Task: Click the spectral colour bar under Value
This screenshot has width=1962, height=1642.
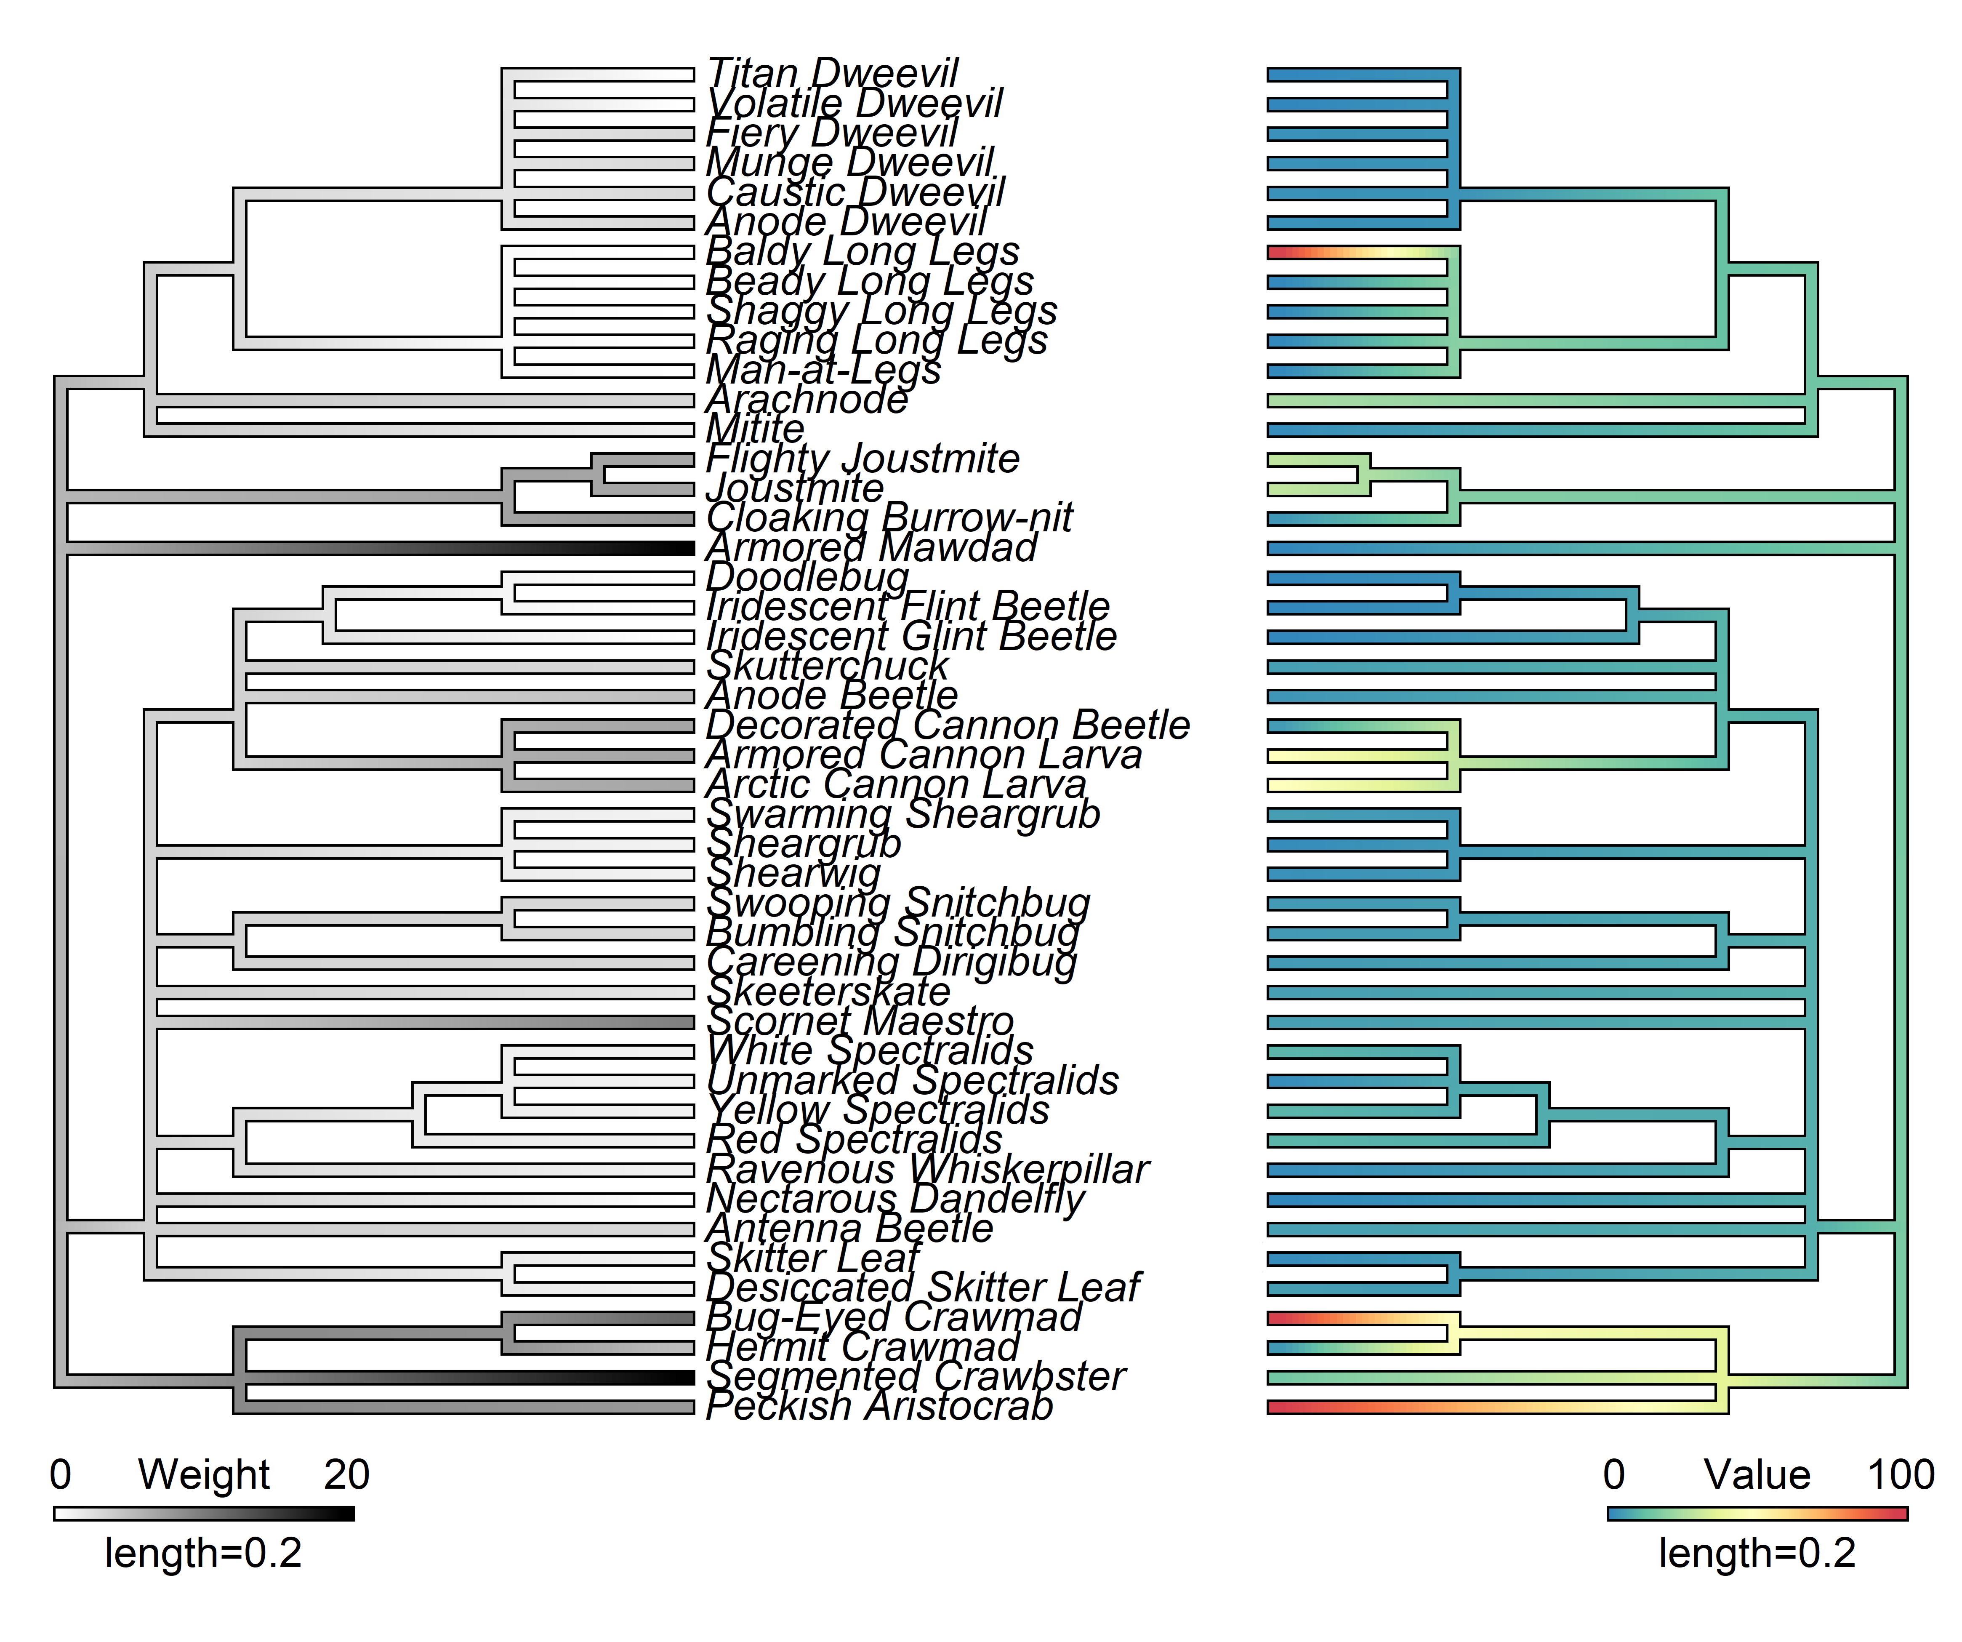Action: tap(1757, 1513)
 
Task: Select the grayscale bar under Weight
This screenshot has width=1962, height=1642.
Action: tap(196, 1513)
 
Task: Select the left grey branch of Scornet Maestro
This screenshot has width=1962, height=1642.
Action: tap(421, 1021)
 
